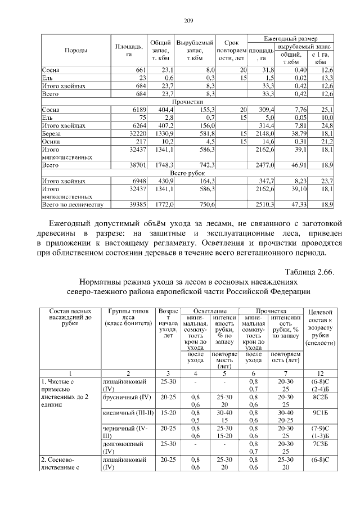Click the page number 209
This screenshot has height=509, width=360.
(x=189, y=21)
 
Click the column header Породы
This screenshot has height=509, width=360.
(x=75, y=51)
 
